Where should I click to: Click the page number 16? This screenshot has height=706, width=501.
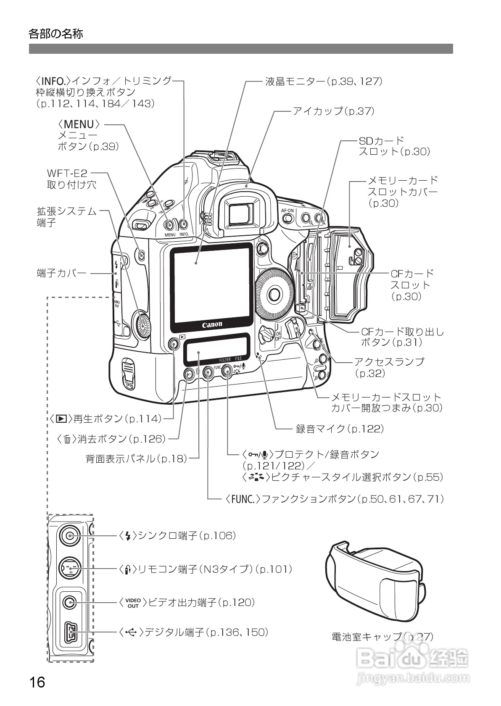[x=37, y=681]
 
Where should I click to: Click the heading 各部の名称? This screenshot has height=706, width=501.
[x=56, y=34]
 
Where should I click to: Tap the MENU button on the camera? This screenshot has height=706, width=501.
[x=169, y=224]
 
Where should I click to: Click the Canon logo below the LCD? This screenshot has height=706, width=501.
[x=212, y=324]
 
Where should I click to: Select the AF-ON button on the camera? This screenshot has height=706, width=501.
[x=288, y=218]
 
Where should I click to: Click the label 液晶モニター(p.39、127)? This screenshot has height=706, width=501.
[x=324, y=81]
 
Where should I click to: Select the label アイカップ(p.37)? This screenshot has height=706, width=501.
[x=333, y=111]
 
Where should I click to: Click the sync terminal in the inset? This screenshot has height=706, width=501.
[x=69, y=535]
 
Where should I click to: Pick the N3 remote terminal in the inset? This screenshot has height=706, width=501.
[x=69, y=568]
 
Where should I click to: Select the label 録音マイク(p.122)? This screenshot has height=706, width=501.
[x=340, y=429]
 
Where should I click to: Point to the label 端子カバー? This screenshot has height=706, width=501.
[x=62, y=274]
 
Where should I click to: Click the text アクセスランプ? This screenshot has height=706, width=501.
[x=389, y=361]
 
